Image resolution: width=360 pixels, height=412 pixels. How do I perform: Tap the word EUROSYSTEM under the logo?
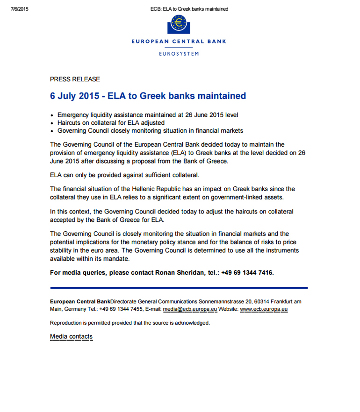click(179, 54)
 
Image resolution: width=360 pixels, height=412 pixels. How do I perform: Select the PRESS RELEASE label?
click(75, 79)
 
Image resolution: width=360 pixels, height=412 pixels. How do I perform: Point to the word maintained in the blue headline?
click(221, 96)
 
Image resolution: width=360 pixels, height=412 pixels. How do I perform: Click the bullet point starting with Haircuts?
click(111, 123)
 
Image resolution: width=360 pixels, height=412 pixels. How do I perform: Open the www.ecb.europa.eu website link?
click(263, 309)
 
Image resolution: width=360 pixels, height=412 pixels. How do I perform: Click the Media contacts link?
click(71, 336)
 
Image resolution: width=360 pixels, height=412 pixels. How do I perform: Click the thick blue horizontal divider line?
click(179, 288)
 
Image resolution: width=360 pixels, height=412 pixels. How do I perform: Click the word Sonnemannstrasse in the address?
click(220, 302)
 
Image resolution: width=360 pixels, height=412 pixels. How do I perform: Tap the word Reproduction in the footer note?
click(65, 323)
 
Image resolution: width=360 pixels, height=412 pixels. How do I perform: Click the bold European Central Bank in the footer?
click(80, 302)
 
